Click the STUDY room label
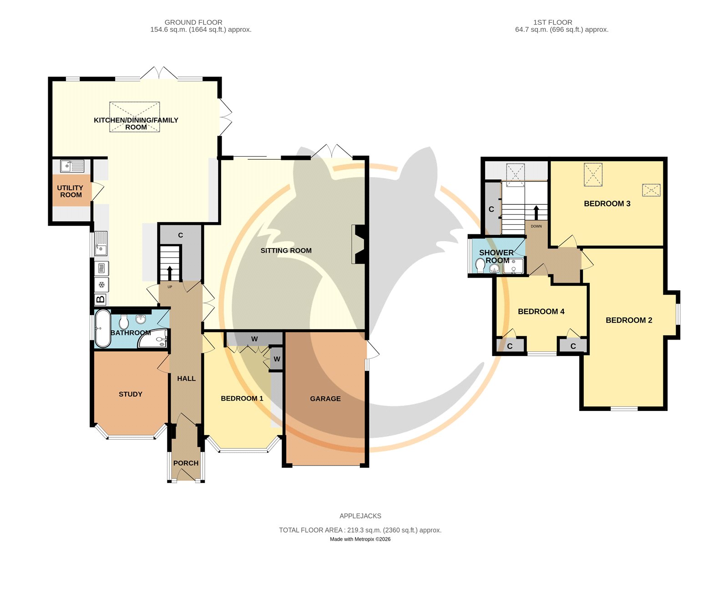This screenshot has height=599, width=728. pos(130,394)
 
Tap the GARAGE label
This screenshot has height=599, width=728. pos(325,399)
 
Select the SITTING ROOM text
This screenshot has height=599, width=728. pos(286,251)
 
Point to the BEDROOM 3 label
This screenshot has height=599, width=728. pos(607,204)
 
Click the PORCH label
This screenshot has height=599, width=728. pos(186,463)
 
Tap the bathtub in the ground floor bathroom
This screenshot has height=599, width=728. pos(102,329)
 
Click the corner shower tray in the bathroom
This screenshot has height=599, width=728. pos(153,338)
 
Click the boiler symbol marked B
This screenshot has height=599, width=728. pos(101,299)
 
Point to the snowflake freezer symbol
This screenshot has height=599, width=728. pos(101,285)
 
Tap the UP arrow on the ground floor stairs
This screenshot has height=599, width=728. pos(169,273)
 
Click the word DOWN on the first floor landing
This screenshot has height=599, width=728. pos(536,227)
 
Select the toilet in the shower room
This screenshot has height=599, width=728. pos(480,265)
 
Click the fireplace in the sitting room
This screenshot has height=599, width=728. pos(358,244)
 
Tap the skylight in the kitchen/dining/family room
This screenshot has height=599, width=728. pos(135,117)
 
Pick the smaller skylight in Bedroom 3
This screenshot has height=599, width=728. pos(651,190)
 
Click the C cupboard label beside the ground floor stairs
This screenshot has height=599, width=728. pos(180,235)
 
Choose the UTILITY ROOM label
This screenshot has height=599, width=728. pos(71,191)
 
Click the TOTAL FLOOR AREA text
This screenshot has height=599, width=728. pos(360,530)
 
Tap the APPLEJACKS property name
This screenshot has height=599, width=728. pos(360,516)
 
